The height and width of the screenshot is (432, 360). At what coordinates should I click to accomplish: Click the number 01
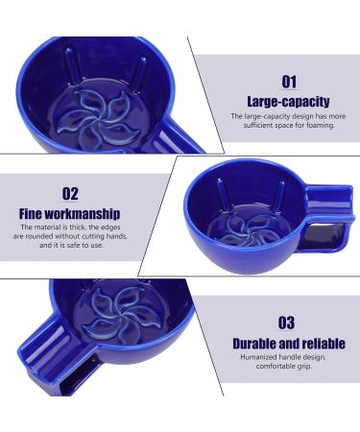click(289, 82)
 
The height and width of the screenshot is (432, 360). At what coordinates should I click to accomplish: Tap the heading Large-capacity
click(288, 102)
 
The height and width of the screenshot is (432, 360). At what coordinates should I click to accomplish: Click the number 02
click(70, 194)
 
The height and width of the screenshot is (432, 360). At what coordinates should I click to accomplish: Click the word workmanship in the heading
click(82, 214)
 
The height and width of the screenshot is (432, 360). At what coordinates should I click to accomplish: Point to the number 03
click(286, 323)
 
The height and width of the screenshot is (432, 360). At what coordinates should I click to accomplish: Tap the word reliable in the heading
click(324, 344)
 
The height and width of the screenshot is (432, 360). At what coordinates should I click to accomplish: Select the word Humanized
click(259, 357)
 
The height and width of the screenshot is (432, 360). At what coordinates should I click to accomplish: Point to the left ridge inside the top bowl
click(71, 65)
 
